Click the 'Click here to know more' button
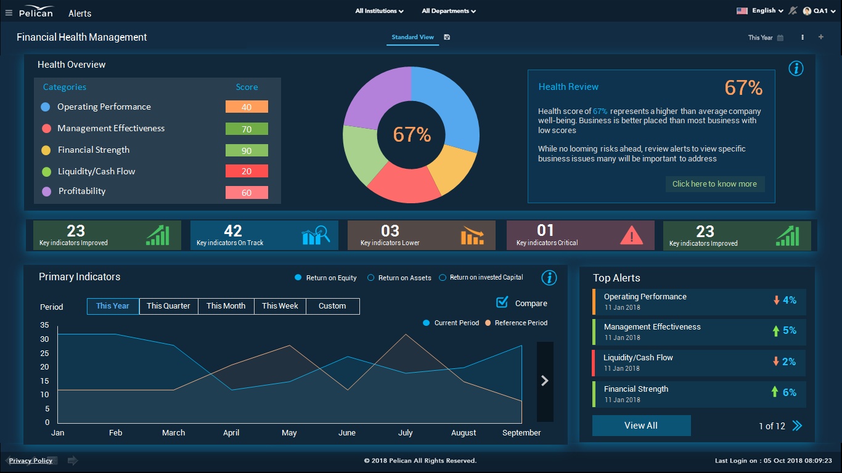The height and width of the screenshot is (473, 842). [x=714, y=184]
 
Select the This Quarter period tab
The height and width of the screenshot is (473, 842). [x=168, y=306]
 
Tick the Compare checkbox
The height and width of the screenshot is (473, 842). [x=502, y=302]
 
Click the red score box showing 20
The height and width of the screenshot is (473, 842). [x=247, y=171]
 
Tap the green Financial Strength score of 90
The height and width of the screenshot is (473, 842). [x=247, y=150]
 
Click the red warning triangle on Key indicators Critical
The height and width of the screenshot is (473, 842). [x=631, y=235]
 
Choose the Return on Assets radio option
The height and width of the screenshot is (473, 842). [x=371, y=278]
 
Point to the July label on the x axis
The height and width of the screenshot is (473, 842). [x=405, y=433]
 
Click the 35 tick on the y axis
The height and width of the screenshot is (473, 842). [x=44, y=325]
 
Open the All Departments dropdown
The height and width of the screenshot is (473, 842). [x=448, y=11]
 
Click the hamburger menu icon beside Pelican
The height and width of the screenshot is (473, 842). [x=9, y=13]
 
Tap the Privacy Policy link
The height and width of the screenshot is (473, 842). [x=31, y=461]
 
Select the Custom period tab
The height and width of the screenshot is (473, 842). [x=332, y=306]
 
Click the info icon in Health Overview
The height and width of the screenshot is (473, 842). [x=796, y=68]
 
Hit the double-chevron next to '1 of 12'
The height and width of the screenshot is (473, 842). [x=797, y=426]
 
